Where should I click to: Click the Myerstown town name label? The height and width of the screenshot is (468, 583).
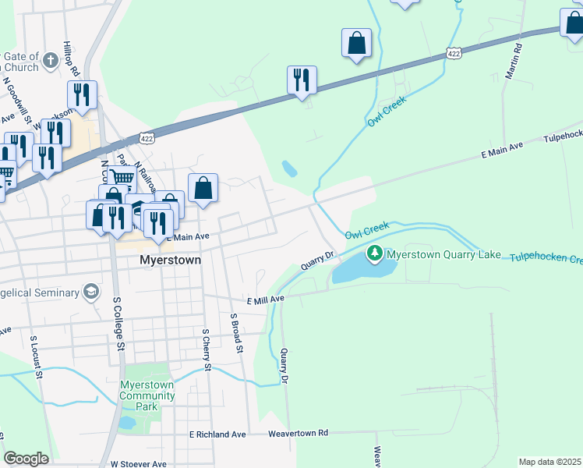[x=170, y=260]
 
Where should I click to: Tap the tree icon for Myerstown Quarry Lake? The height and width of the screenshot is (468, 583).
[x=375, y=253]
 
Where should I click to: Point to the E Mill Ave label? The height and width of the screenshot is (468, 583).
[x=266, y=300]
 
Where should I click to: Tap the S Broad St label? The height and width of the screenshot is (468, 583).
[x=237, y=332]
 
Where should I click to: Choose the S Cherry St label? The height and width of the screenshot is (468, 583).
[x=207, y=349]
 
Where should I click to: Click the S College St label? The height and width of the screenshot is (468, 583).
[x=119, y=322]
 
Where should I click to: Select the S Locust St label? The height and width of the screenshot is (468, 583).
[x=37, y=357]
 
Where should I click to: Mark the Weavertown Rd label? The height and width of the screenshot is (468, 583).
[x=299, y=433]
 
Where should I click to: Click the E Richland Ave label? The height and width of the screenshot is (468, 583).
[x=217, y=434]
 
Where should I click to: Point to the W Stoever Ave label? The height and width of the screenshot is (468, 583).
[x=139, y=463]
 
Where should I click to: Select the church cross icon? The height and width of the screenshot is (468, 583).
[x=51, y=60]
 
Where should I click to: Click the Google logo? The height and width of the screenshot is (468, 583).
[x=26, y=459]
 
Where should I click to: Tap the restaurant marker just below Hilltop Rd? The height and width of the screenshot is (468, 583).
[x=81, y=94]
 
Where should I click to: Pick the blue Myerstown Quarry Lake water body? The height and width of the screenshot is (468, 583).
[x=362, y=268]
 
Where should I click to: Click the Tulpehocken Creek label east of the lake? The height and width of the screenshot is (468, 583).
[x=546, y=258]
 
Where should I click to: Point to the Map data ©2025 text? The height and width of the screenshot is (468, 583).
[x=549, y=462]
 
